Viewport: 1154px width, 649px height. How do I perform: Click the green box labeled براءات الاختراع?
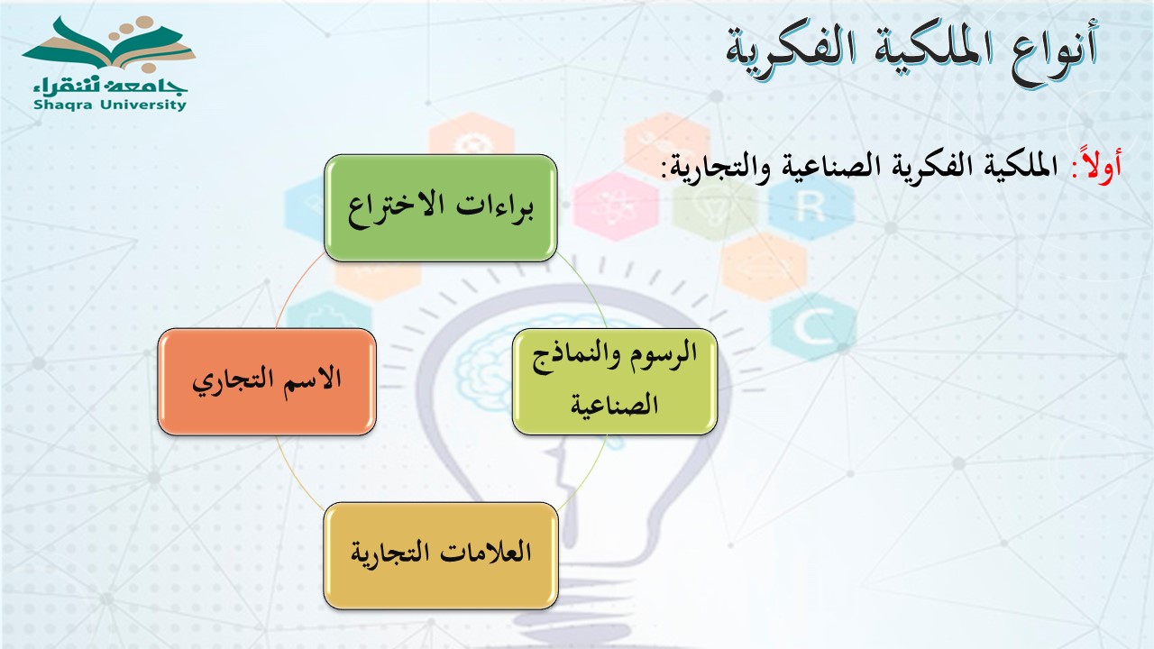click(x=441, y=207)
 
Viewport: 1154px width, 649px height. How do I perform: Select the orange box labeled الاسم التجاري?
click(x=267, y=381)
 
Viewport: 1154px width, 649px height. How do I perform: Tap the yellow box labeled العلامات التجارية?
click(x=441, y=556)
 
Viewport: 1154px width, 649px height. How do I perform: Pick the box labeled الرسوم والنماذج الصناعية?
click(x=615, y=381)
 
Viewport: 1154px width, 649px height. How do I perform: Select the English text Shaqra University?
click(x=110, y=105)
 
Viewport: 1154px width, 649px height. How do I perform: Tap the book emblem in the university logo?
click(x=109, y=44)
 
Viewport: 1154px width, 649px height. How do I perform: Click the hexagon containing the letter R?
click(x=811, y=206)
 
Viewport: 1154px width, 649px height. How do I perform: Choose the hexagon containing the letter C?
click(x=814, y=327)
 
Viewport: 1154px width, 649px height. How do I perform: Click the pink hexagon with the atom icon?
click(x=616, y=206)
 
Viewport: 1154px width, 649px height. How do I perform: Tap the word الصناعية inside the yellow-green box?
click(x=614, y=405)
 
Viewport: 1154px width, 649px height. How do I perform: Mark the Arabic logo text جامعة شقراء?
click(x=110, y=86)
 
